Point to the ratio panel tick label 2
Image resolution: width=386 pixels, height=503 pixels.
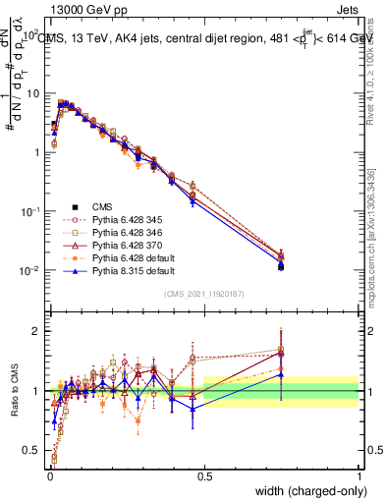click(37, 331)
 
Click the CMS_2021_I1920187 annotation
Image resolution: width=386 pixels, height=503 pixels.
click(204, 293)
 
